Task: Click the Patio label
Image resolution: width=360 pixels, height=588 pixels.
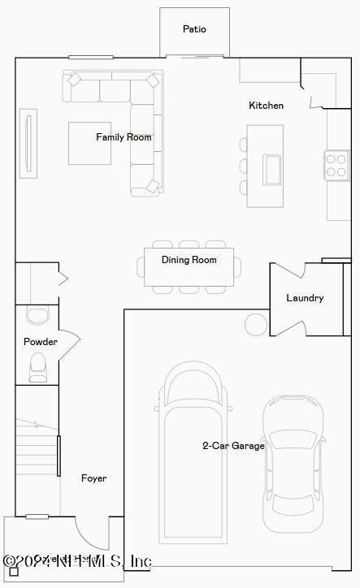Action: (x=194, y=29)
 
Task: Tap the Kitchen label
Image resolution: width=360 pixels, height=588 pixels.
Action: (x=266, y=106)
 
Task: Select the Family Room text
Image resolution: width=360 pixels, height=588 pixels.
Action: (x=124, y=137)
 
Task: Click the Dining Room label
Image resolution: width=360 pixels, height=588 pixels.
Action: (x=189, y=260)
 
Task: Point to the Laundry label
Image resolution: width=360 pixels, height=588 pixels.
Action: (x=305, y=298)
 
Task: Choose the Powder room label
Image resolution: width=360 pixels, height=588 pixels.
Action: (x=40, y=342)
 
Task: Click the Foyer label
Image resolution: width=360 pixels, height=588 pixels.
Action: (x=93, y=478)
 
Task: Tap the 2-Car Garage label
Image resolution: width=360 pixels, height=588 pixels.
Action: (x=233, y=445)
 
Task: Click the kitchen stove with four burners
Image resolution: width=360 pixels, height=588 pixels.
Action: (x=336, y=165)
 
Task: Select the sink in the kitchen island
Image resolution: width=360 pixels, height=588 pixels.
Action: (x=271, y=169)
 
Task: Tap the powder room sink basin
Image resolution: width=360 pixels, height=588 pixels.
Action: (x=37, y=315)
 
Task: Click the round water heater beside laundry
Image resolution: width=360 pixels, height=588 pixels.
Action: (x=256, y=324)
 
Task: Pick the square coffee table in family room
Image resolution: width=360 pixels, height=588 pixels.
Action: (x=89, y=144)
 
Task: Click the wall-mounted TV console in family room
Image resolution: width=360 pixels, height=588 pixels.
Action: (x=28, y=143)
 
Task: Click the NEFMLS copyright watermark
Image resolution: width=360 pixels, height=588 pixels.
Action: (x=77, y=561)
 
